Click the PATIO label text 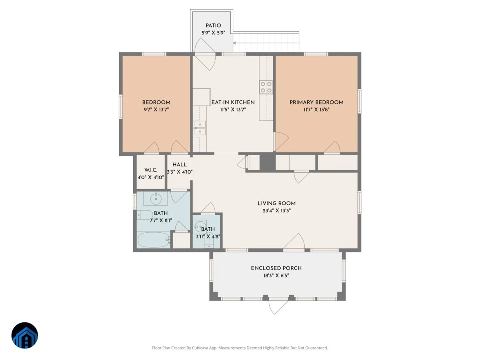coord(213,26)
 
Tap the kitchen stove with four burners coord(266,87)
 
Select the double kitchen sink coord(200,128)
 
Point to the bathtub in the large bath coord(154,240)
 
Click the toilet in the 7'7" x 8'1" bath coord(145,215)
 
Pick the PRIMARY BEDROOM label coord(316,102)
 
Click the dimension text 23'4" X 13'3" coord(276,211)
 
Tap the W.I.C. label coord(151,170)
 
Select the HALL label coord(180,164)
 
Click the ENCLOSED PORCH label coord(276,268)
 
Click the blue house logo coord(25,335)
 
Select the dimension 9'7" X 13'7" coord(156,110)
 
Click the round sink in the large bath coord(156,198)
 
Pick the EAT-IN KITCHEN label coord(233,102)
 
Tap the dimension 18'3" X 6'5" coord(276,276)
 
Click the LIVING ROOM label coord(276,203)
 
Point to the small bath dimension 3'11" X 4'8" coord(208,236)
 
